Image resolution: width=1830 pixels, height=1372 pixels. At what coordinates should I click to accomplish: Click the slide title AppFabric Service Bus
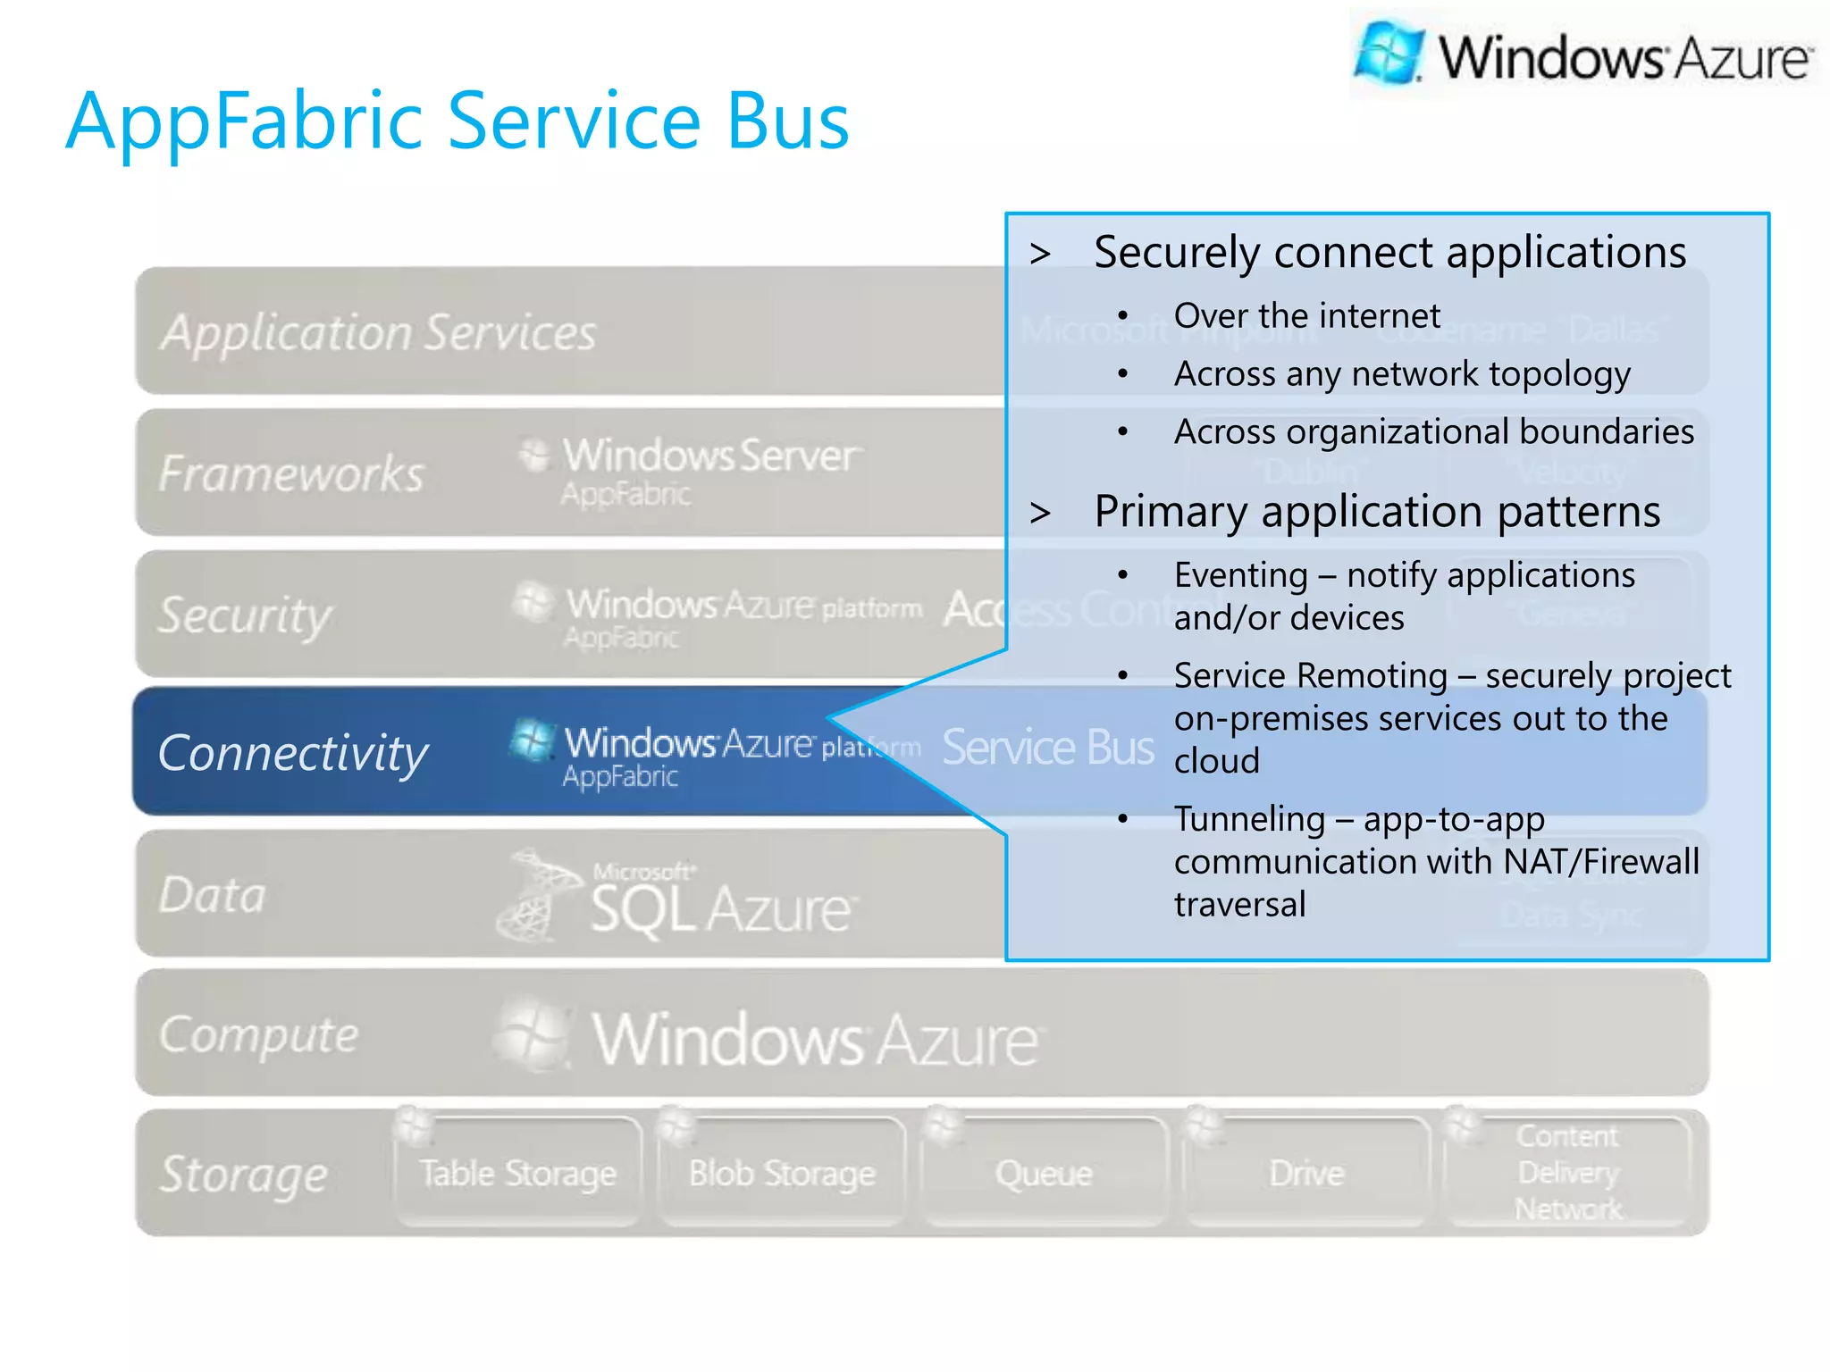tap(457, 121)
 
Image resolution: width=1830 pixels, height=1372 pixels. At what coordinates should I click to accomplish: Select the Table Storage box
tap(518, 1173)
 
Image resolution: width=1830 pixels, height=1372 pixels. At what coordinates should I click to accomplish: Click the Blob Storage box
tap(782, 1173)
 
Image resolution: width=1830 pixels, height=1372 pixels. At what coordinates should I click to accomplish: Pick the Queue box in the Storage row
tap(1044, 1173)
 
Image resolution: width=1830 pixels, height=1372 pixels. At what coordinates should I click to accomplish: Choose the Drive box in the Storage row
tap(1306, 1173)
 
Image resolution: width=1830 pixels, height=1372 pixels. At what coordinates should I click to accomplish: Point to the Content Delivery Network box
tap(1568, 1173)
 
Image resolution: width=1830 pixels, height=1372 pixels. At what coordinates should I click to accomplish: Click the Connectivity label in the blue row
tap(293, 752)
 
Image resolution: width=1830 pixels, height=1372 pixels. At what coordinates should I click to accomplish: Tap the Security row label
tap(245, 615)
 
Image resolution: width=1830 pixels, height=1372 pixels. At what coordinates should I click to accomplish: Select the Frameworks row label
tap(291, 473)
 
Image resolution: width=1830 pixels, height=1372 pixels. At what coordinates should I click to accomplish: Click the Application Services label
tap(378, 332)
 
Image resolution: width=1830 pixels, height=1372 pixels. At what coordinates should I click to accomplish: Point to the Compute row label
tap(259, 1034)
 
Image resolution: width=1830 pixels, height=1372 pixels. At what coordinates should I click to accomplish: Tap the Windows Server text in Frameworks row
tap(711, 456)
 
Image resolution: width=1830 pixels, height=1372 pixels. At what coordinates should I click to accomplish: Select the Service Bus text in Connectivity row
tap(1047, 748)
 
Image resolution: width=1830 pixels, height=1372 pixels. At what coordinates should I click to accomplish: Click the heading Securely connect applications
tap(1389, 252)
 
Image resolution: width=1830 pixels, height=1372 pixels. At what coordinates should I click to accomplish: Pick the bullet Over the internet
tap(1306, 315)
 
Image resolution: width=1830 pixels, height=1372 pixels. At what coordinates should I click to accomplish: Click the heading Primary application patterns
tap(1377, 512)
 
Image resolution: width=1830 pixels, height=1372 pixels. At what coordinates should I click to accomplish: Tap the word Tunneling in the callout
tap(1249, 819)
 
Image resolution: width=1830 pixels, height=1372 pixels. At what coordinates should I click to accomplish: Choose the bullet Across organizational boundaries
tap(1433, 431)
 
